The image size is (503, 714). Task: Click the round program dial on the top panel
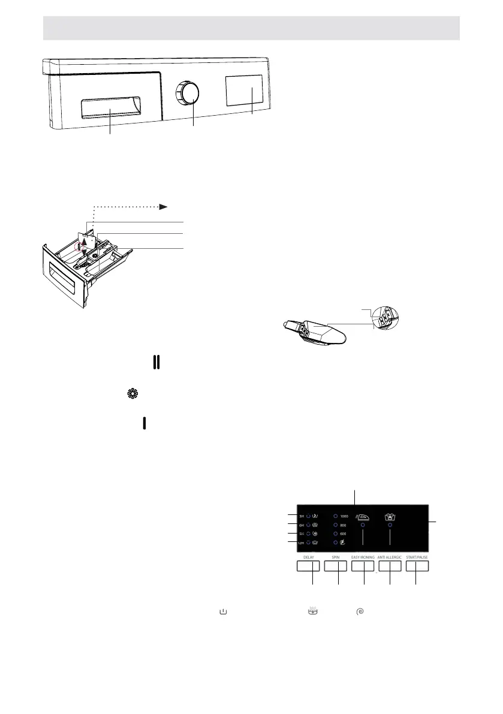188,95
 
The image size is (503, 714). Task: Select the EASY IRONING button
363,567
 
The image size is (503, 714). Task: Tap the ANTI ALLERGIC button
390,567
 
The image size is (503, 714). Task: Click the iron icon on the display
362,513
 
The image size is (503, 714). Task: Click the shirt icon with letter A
390,513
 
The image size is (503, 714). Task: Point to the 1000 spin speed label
344,516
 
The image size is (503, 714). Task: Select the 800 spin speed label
343,525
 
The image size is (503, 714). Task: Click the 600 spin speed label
343,534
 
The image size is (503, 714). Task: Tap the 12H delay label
300,543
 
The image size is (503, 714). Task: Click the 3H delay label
302,516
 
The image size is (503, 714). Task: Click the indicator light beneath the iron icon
363,525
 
